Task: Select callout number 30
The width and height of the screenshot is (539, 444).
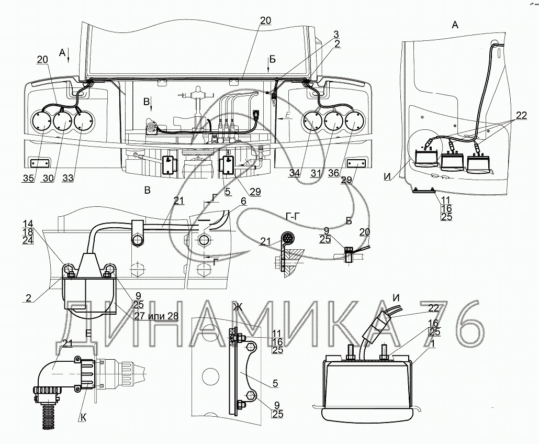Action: coord(48,178)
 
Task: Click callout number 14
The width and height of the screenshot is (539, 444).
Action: coord(28,223)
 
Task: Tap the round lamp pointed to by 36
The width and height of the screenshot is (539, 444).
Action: coord(355,122)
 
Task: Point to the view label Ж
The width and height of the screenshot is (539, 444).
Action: coord(238,307)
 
